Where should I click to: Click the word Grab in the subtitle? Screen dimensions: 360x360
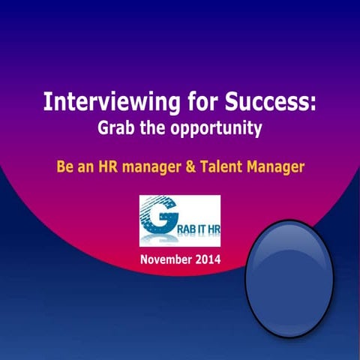click(117, 128)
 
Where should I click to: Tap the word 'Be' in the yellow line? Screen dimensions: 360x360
click(65, 166)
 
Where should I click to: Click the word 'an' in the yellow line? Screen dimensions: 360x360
click(85, 166)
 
